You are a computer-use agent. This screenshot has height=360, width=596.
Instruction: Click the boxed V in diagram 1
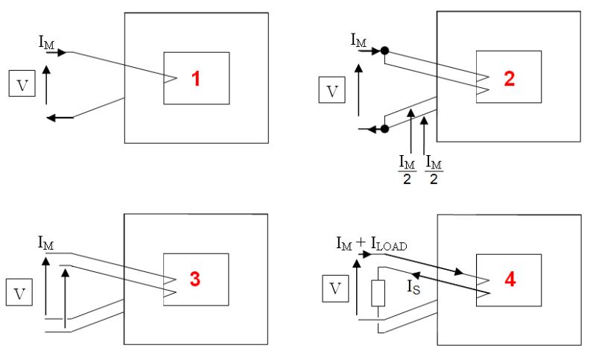click(22, 84)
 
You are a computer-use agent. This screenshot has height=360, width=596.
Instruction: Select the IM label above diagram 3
click(46, 242)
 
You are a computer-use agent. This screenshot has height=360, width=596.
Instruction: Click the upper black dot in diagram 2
click(384, 51)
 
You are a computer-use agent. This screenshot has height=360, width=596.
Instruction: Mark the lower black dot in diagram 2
click(384, 129)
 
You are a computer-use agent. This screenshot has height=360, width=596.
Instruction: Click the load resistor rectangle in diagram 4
click(377, 294)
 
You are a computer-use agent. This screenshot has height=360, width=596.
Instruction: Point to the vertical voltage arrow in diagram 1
click(46, 84)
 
